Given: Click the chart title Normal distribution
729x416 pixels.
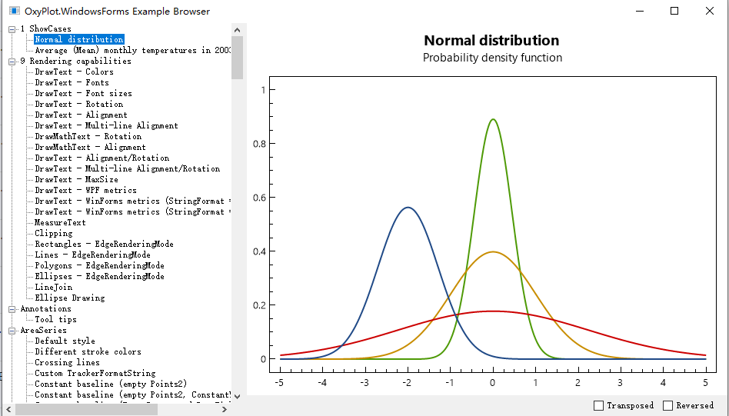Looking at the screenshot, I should [x=491, y=41].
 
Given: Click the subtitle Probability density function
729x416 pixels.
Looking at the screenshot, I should [x=492, y=58].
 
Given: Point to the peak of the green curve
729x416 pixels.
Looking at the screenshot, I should [x=493, y=119].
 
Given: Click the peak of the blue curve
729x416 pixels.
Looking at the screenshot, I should [x=408, y=207].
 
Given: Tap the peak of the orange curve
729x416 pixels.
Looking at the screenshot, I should [x=493, y=251].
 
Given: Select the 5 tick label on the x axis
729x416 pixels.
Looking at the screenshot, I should [x=705, y=381].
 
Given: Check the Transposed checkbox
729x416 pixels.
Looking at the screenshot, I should [x=599, y=405].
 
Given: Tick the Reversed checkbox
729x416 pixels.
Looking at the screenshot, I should [x=667, y=405].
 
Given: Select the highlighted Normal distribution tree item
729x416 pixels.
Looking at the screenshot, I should [x=78, y=39].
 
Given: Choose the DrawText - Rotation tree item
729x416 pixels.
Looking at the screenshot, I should [x=78, y=104].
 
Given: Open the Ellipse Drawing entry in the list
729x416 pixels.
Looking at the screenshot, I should [x=69, y=298].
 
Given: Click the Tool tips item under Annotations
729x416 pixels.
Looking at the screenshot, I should [x=55, y=319].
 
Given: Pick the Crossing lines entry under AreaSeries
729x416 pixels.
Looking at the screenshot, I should [x=67, y=362].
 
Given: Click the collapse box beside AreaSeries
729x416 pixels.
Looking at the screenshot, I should [x=12, y=330].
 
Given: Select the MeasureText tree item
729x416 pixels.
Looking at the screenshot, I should [x=60, y=222].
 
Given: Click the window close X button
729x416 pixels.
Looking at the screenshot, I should [x=710, y=11].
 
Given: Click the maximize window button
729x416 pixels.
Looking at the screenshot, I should [x=674, y=11].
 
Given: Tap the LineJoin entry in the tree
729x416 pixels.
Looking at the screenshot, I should [x=53, y=287].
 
